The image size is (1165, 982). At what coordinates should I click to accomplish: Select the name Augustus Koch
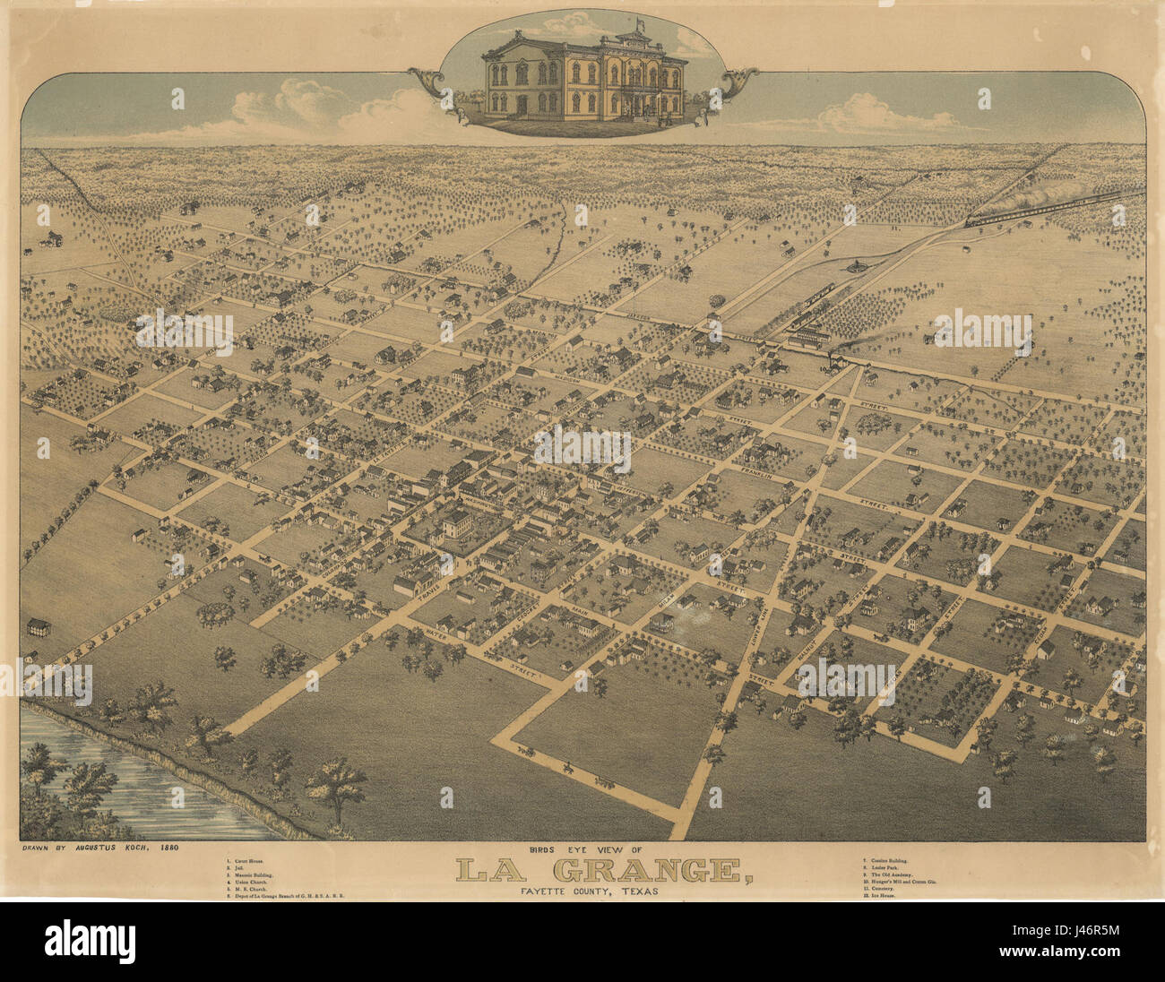[x=114, y=847]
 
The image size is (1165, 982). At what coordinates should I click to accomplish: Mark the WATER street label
[x=437, y=634]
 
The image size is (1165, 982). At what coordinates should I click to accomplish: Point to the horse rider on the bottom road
[x=566, y=767]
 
